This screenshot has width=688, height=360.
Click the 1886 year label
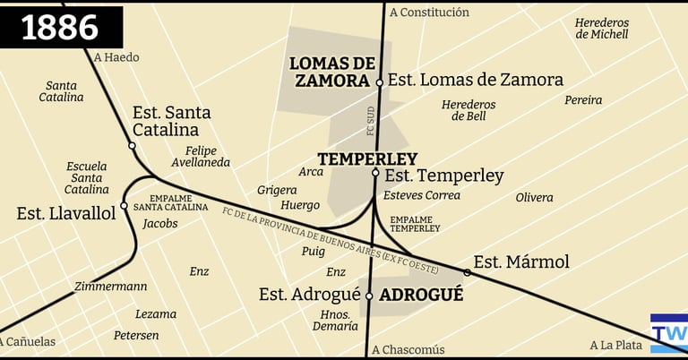pos(60,27)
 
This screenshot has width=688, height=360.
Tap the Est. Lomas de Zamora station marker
pos(380,82)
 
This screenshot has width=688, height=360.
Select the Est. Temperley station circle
pos(375,173)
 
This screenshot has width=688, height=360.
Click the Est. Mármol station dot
pos(467,272)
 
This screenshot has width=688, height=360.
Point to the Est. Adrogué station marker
pos(369,296)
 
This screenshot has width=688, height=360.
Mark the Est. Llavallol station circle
pos(124,205)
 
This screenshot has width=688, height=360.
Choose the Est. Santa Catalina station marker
pos(133,145)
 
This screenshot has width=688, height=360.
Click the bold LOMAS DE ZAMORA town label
pos(331,72)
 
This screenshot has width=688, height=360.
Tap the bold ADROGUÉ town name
pos(421,295)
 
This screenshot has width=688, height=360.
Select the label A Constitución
pos(429,13)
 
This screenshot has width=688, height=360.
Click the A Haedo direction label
pos(116,57)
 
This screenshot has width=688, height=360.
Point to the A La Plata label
pos(616,345)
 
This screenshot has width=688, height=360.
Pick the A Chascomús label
pos(408,350)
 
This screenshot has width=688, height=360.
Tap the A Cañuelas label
pos(28,341)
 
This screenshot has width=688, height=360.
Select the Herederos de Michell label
pos(602,29)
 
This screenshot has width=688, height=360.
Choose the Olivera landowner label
pos(534,197)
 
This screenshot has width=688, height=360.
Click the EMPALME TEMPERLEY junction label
pos(415,224)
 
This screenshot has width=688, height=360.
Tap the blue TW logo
pos(668,333)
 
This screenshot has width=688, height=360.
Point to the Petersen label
pos(136,336)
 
